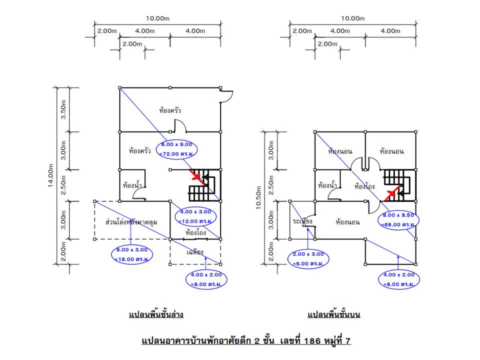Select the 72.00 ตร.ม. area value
pyautogui.click(x=178, y=154)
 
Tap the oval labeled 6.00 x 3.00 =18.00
pyautogui.click(x=131, y=253)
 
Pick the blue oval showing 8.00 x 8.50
pyautogui.click(x=398, y=219)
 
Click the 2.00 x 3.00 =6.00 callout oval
pyautogui.click(x=307, y=258)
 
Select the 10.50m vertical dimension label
pyautogui.click(x=259, y=198)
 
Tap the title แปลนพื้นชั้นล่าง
pyautogui.click(x=156, y=315)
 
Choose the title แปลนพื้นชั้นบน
pyautogui.click(x=334, y=315)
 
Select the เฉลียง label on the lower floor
pyautogui.click(x=194, y=252)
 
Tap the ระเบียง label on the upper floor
pyautogui.click(x=302, y=220)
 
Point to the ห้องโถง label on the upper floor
pyautogui.click(x=365, y=186)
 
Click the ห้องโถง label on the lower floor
pyautogui.click(x=196, y=232)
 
